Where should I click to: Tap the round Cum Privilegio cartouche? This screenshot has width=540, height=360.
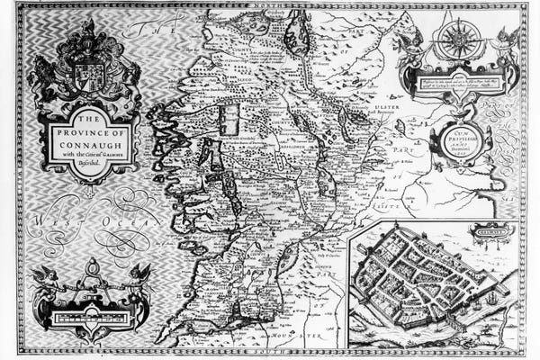(459, 143)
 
